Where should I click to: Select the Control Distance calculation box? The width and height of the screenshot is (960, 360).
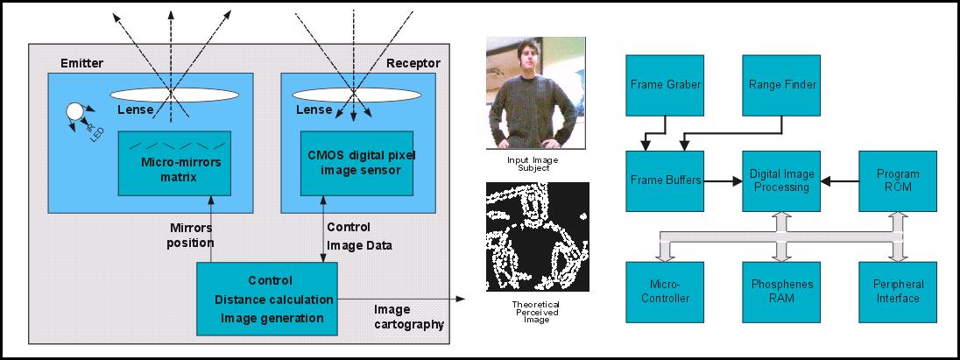[x=268, y=299]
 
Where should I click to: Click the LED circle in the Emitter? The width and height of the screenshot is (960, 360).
[x=75, y=111]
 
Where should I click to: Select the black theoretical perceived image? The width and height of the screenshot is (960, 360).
[x=537, y=236]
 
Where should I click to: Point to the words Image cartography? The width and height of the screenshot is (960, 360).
[x=408, y=317]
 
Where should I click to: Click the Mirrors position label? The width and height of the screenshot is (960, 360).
[x=190, y=235]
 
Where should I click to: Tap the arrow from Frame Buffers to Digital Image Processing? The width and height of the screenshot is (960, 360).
[x=722, y=181]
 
